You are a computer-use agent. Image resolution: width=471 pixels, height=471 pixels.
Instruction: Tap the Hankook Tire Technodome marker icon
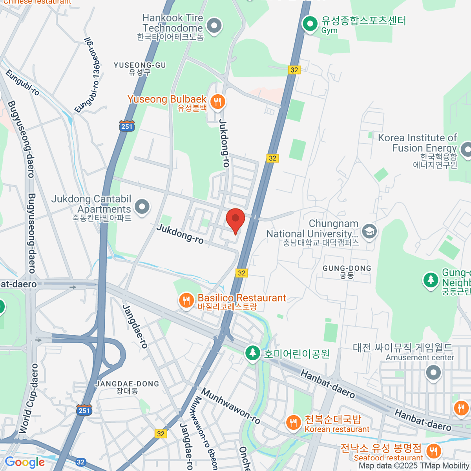pos(214,26)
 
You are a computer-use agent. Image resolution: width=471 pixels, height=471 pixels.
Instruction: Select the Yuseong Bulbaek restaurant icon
pos(217,102)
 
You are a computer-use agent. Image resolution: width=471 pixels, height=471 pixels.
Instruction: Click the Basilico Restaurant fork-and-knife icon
pos(186,301)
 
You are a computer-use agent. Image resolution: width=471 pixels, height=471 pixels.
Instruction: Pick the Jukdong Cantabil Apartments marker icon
pos(142,206)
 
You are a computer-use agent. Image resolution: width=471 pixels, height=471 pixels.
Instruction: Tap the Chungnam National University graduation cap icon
pos(369,231)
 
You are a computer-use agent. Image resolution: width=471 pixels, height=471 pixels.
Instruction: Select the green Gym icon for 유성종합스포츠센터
pos(310,24)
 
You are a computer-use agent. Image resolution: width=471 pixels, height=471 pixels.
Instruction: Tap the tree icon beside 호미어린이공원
pos(252,353)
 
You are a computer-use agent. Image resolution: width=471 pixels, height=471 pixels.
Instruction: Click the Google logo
pos(25,462)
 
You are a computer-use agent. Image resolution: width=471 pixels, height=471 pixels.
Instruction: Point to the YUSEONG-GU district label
pos(140,68)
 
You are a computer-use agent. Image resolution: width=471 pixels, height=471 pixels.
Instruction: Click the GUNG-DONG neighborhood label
pos(347,272)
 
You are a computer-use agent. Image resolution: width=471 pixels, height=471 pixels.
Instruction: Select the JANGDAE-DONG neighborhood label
pos(127,387)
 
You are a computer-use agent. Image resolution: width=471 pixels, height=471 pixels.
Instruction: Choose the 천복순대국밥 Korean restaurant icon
pos(293,423)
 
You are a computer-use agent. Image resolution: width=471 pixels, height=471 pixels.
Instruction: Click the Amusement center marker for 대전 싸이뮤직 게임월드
pos(433,373)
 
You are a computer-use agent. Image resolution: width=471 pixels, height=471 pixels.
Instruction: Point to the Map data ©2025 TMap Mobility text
pos(414,466)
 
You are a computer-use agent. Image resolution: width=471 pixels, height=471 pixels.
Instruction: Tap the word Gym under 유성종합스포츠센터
pos(329,31)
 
